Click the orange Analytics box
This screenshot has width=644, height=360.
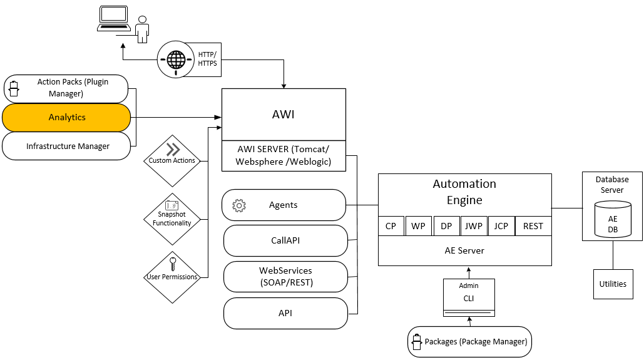67,117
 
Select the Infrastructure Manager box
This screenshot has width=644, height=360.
67,146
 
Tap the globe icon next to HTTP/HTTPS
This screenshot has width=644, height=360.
176,60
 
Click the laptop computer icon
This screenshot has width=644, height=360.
114,18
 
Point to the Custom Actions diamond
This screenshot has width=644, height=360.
172,160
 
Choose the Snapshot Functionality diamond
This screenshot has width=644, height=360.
172,219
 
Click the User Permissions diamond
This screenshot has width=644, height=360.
172,277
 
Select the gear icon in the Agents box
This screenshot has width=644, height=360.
238,205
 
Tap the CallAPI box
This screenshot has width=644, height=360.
285,240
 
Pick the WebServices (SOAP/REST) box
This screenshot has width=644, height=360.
285,277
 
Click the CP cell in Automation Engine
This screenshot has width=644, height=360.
391,226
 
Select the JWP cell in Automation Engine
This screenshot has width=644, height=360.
473,226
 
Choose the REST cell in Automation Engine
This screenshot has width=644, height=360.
533,226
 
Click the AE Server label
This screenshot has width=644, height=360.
464,250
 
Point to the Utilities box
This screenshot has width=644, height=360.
613,284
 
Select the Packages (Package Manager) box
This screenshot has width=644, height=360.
469,342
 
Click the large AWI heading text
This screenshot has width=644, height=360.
284,115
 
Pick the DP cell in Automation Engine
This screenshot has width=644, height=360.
446,226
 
